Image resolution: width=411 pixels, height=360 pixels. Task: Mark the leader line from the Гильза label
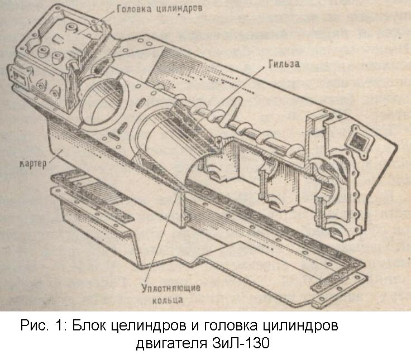pos(240,89)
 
